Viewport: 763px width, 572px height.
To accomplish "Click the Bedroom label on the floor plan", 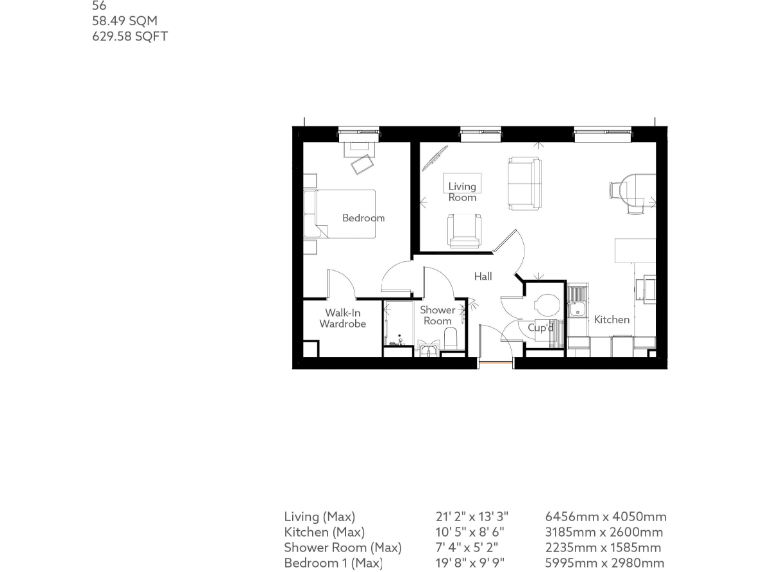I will (x=363, y=218).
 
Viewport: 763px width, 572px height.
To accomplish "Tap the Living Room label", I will (x=462, y=192).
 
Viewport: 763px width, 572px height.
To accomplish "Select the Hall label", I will (x=483, y=277).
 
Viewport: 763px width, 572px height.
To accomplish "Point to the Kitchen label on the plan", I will (x=612, y=320).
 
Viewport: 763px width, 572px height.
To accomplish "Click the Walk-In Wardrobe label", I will (x=343, y=319).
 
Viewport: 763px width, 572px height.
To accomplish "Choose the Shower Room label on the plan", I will (x=438, y=315).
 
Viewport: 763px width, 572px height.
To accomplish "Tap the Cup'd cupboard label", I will (x=540, y=327).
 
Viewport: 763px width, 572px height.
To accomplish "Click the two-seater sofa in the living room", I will (x=525, y=183).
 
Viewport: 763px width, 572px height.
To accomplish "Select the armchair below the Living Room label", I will (x=464, y=231).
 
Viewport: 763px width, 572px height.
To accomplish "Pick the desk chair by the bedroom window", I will (x=361, y=159).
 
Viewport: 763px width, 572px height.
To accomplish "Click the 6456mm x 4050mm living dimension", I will (x=605, y=517).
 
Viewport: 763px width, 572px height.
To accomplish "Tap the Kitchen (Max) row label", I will (x=319, y=532).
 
